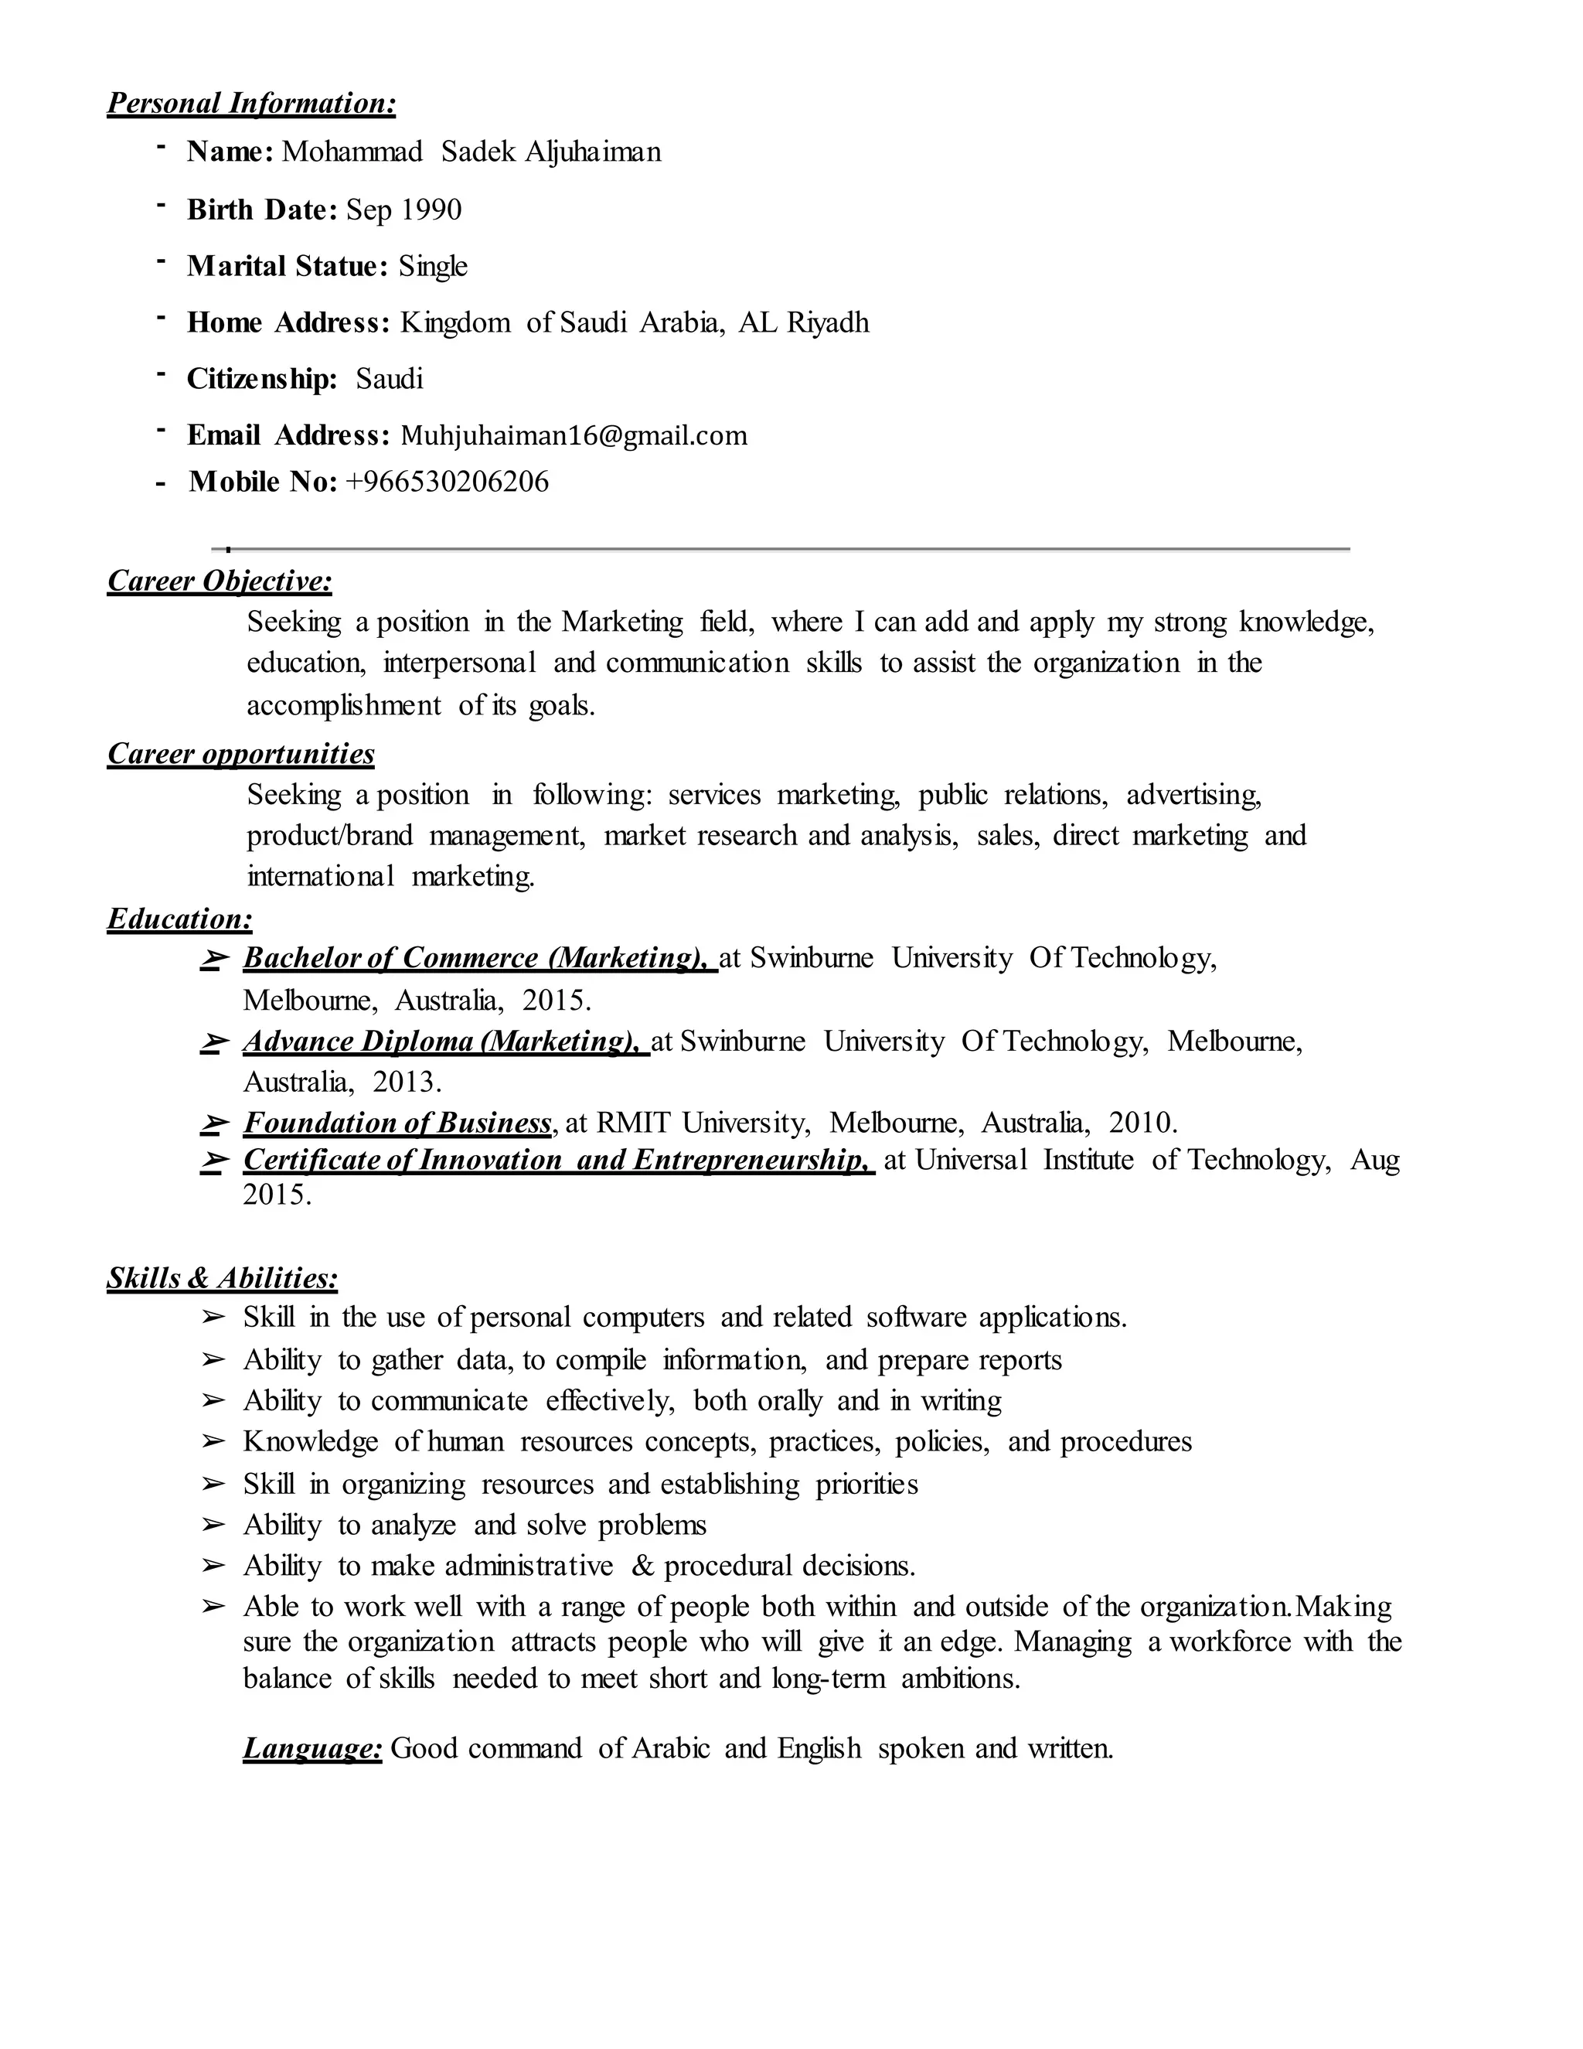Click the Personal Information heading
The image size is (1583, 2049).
click(251, 103)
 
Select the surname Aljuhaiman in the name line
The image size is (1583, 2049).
click(593, 152)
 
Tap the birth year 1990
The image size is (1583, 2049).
click(431, 210)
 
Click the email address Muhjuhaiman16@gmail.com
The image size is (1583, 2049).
click(574, 436)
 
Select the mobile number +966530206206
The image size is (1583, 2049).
click(448, 482)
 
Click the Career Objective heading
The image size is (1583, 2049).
click(220, 581)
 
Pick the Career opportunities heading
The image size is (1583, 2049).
click(241, 755)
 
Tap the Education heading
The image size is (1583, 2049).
click(180, 919)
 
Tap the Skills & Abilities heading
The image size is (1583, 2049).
click(223, 1278)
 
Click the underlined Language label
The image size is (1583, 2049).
click(312, 1749)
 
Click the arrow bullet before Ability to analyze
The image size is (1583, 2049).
click(214, 1526)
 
